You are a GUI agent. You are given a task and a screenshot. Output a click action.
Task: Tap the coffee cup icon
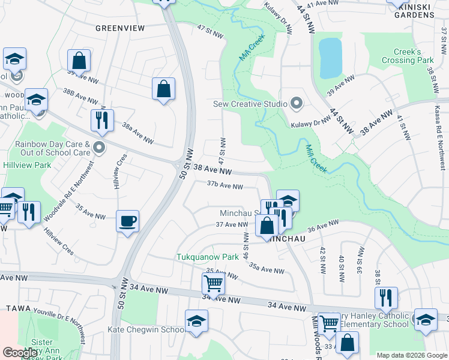point(127,221)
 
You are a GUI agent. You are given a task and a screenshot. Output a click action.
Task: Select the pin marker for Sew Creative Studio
point(295,104)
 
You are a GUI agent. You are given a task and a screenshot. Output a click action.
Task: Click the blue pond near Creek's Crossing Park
point(330,58)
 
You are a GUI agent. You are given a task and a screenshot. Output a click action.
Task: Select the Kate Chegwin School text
point(146,329)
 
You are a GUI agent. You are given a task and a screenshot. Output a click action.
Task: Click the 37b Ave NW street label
point(224,186)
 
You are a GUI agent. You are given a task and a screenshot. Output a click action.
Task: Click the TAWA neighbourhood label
point(18,308)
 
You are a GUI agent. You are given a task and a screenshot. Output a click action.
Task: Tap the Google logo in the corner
point(20,352)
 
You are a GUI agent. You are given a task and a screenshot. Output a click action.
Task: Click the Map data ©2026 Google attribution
point(412,355)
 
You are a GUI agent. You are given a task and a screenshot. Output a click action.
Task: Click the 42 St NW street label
point(322,258)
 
